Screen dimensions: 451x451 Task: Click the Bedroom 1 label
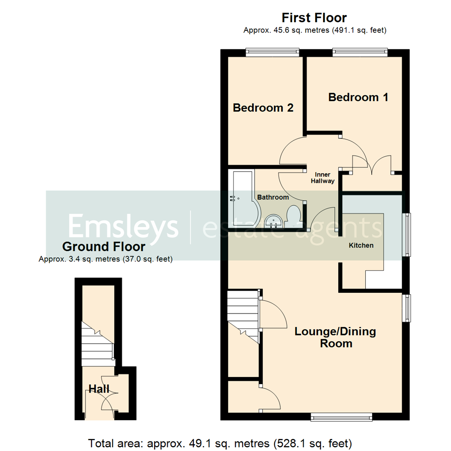358,97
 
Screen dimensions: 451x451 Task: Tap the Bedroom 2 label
263,108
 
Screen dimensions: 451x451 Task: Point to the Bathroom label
273,197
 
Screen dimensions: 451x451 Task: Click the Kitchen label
361,245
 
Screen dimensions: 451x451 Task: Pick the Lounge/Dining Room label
335,337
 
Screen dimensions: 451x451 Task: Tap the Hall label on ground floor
99,390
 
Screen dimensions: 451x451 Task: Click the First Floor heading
314,18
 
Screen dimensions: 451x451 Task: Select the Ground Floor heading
104,246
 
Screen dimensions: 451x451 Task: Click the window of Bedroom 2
272,52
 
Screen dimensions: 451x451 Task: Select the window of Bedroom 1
360,52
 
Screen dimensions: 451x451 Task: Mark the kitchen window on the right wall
406,234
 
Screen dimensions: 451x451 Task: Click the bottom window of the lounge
342,416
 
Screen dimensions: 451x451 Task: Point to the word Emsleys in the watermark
124,226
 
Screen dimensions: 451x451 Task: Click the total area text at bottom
220,442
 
